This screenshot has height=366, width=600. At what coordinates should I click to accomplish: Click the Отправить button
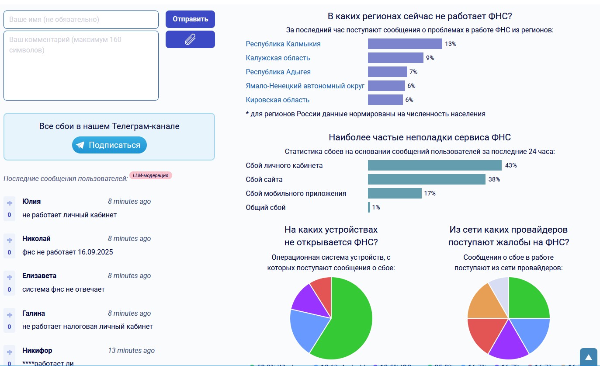point(190,19)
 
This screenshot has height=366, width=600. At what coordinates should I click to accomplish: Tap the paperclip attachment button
point(190,39)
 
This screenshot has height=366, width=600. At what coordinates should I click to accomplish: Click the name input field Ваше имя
point(81,20)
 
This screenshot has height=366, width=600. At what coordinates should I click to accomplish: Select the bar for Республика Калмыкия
point(405,44)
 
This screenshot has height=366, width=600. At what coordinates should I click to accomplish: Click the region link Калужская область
point(278,58)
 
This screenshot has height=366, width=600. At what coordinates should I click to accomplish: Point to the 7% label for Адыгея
point(413,72)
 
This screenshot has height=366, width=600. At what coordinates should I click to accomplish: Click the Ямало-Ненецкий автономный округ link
point(305,86)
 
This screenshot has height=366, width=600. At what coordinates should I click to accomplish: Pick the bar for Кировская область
point(385,100)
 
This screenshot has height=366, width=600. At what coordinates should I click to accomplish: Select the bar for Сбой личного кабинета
point(434,165)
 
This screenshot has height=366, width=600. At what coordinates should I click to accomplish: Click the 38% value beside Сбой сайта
point(494,179)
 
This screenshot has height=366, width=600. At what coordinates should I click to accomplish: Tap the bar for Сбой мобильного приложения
point(395,193)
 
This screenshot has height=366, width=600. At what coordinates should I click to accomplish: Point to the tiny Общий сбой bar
point(369,207)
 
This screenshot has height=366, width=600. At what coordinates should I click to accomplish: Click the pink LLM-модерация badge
point(151,175)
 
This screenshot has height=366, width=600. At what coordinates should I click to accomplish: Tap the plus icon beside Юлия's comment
point(10,203)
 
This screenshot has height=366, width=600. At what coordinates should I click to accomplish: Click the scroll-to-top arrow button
point(588,357)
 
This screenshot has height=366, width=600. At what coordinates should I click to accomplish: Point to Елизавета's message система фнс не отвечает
point(63,289)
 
